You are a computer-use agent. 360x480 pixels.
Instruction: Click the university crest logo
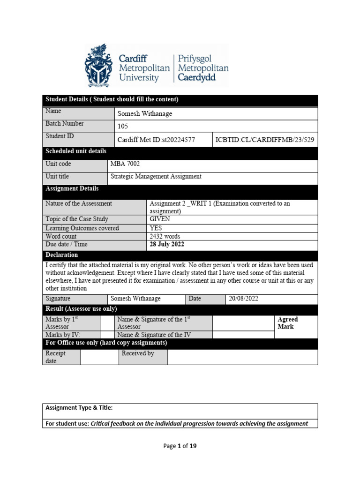[99, 66]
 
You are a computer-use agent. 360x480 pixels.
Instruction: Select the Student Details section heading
[112, 100]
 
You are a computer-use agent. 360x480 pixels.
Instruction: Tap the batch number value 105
[123, 127]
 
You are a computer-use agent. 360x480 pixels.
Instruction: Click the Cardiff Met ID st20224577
[156, 140]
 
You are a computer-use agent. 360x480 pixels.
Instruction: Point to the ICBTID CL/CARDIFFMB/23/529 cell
[265, 140]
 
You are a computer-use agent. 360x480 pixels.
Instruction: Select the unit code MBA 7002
[125, 164]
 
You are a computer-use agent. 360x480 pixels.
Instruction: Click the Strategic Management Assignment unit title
[156, 177]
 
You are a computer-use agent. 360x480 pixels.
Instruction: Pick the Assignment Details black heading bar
[72, 189]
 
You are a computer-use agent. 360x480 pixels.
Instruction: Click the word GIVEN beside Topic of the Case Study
[160, 219]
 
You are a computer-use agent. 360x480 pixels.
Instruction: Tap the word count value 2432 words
[165, 236]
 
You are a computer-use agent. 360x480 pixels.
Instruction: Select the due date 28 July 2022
[167, 244]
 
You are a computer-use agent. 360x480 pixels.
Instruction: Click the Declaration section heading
[62, 255]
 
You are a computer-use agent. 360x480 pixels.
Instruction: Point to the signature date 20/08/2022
[244, 299]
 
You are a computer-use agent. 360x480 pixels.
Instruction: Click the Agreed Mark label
[287, 323]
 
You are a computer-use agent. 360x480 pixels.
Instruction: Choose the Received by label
[138, 353]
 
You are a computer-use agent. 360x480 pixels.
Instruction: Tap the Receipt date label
[56, 357]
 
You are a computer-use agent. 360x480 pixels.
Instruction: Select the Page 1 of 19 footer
[180, 446]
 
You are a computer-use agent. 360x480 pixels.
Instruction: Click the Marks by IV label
[63, 335]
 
